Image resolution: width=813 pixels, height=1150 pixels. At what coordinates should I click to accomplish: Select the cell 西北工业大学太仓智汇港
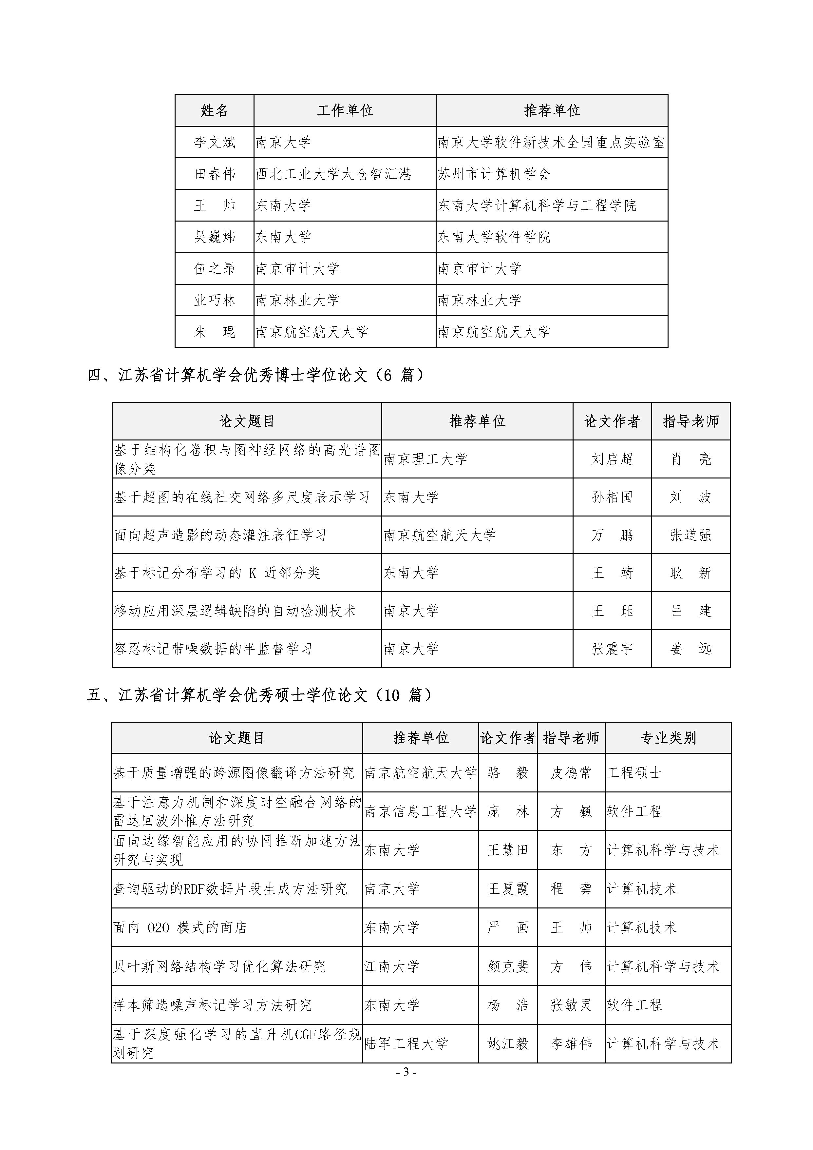pos(333,174)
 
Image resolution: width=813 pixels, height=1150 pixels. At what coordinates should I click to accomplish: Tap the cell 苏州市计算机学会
pos(494,174)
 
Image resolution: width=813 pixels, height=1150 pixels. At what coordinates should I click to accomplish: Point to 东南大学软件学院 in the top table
pos(494,237)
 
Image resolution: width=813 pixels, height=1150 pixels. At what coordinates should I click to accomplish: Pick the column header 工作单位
pos(345,110)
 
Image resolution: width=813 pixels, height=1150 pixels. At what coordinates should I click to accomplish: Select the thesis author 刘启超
pos(612,459)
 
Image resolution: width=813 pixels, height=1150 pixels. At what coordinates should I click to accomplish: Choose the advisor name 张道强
pos(690,535)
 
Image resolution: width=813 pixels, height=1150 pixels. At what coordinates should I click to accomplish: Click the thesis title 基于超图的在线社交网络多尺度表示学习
pos(242,497)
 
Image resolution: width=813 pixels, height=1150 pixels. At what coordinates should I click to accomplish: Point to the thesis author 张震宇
pos(612,649)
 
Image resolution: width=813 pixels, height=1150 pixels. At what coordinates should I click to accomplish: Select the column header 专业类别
pos(668,738)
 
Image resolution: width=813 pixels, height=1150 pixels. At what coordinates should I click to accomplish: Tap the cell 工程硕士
pos(634,772)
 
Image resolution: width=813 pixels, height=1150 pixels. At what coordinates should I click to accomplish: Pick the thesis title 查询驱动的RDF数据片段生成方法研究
pos(230,888)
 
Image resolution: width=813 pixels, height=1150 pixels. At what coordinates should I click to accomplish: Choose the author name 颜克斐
pos(508,966)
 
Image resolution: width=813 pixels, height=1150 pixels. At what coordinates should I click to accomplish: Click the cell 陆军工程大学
pos(406,1044)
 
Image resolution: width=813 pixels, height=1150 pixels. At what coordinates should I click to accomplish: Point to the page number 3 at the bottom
pos(406,1072)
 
